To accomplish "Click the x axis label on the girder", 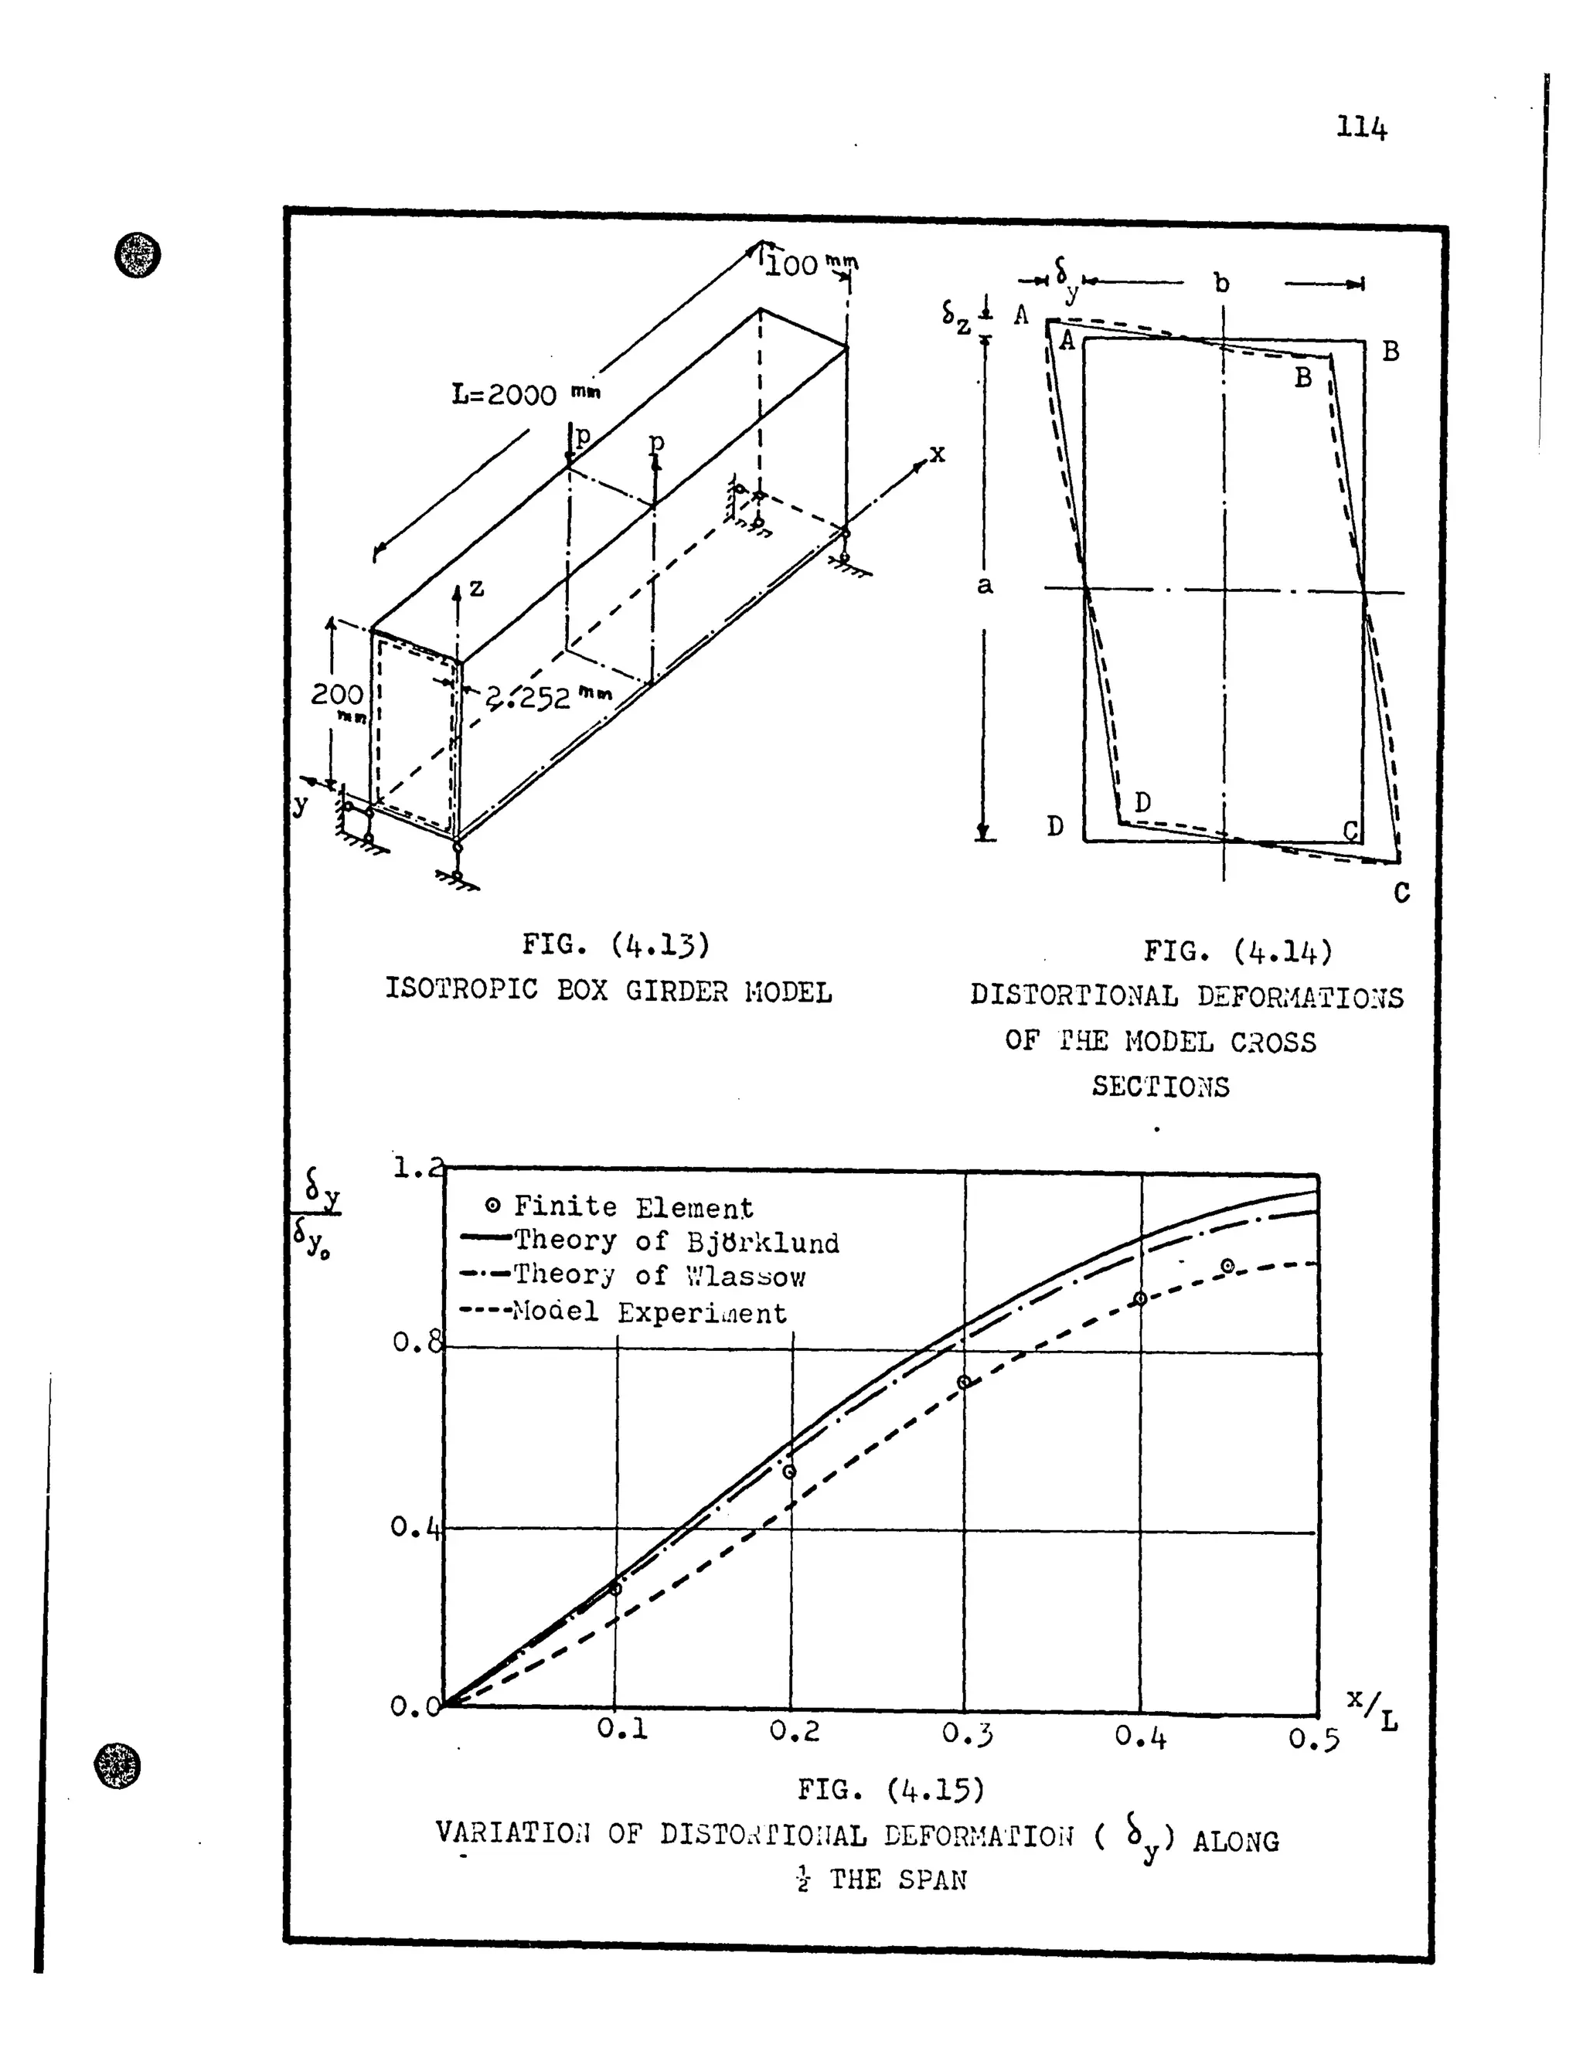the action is (x=937, y=454).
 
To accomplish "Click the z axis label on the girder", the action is (x=476, y=588).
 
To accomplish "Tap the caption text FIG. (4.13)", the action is (x=615, y=944).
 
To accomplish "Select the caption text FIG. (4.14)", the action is (x=1237, y=952).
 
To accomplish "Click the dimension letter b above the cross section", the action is (x=1221, y=282).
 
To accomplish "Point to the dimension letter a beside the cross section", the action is (x=984, y=586).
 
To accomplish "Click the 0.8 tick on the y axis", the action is (x=415, y=1343).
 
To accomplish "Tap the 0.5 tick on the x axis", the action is (x=1313, y=1740).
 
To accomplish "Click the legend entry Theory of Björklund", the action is (x=676, y=1242).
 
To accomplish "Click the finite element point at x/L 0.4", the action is (x=1140, y=1299).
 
